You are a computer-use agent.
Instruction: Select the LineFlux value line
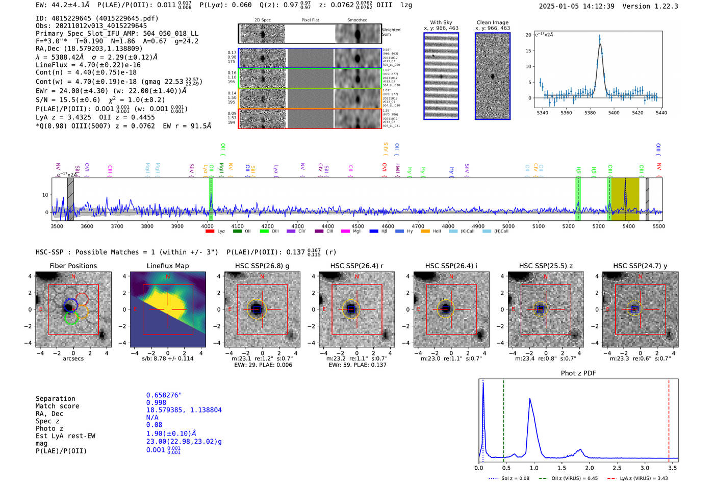88,65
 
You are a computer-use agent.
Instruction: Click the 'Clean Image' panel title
492,22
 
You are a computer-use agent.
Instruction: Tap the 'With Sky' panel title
441,22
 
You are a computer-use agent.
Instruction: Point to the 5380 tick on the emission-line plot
590,113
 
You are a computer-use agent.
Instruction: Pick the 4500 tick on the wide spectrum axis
358,226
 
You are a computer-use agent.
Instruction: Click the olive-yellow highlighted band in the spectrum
625,199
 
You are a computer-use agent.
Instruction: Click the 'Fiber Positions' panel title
73,266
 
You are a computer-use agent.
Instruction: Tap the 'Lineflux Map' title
167,266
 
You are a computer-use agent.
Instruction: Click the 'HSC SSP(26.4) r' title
356,266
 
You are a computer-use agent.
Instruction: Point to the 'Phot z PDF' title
578,373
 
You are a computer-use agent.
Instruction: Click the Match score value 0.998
156,402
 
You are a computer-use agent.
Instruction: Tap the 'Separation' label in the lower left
55,398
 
